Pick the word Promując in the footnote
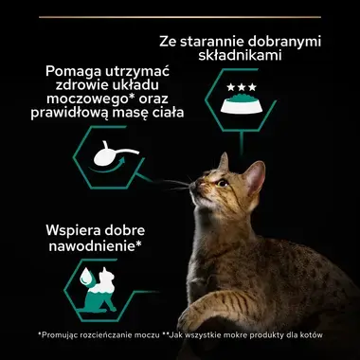pyautogui.click(x=63, y=336)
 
